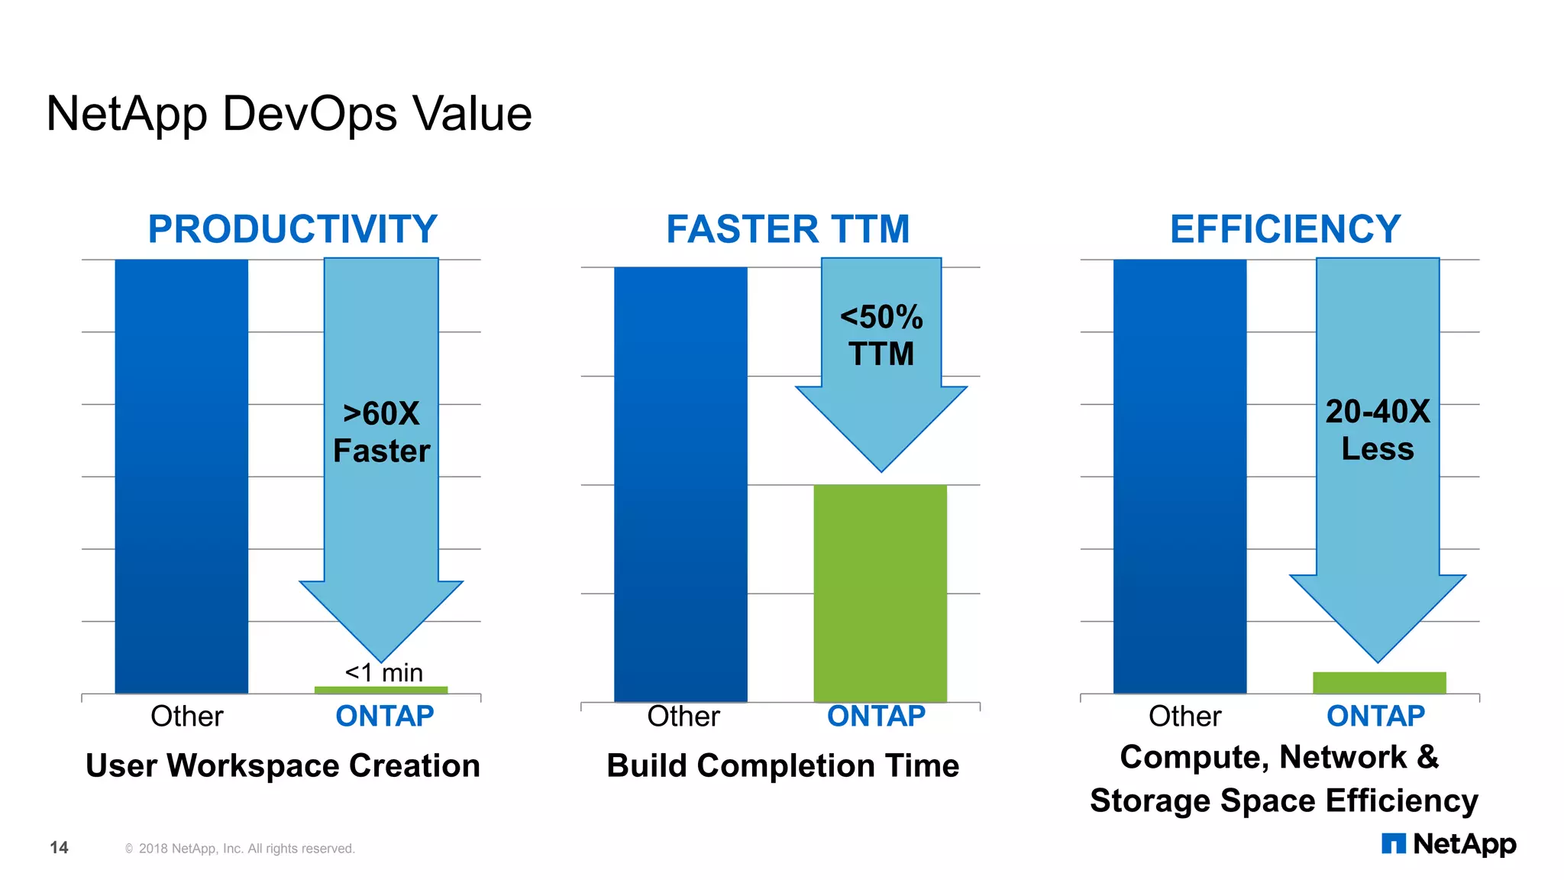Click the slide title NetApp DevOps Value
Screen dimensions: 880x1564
coord(289,114)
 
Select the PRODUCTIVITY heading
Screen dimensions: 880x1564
coord(292,229)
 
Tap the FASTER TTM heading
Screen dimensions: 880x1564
coord(788,229)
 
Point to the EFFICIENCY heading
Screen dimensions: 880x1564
coord(1285,229)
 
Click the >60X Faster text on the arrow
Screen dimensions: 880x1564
coord(381,432)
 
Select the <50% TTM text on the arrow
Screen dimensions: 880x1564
coord(881,336)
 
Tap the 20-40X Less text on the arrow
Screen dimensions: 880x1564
coord(1378,430)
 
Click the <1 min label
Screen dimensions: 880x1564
coord(383,672)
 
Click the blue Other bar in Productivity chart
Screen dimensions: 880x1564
coord(182,476)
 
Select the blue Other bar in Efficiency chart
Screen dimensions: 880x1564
coord(1180,476)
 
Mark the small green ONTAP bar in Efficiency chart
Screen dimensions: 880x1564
coord(1379,682)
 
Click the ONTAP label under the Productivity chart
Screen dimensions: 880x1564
coord(385,717)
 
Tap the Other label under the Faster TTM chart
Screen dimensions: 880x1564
coord(683,717)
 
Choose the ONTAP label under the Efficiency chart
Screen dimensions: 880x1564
coord(1375,717)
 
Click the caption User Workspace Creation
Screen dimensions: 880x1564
coord(283,765)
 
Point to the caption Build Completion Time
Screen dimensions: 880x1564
coord(783,765)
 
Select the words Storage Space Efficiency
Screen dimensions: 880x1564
coord(1284,801)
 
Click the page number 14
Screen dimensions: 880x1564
coord(59,847)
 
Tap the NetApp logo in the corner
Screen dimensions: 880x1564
coord(1449,844)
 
